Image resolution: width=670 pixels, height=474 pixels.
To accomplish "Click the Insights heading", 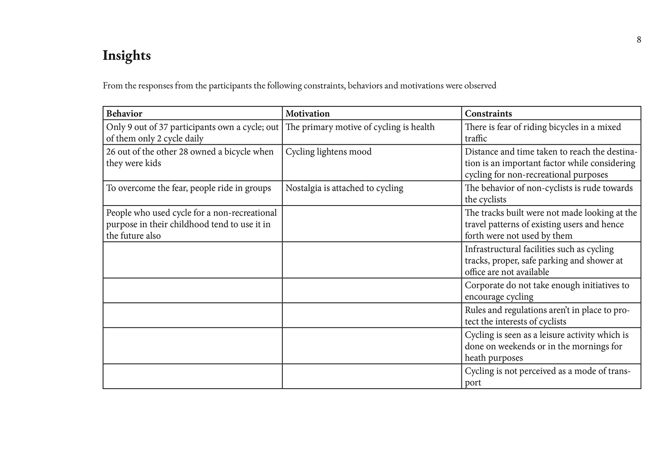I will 127,55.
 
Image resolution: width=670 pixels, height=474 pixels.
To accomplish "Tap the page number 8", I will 639,40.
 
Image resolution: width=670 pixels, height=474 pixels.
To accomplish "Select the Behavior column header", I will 124,113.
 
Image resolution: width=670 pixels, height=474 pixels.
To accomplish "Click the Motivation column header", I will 308,113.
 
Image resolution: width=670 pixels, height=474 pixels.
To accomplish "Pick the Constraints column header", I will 488,113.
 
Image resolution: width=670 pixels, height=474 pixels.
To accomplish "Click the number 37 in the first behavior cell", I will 163,127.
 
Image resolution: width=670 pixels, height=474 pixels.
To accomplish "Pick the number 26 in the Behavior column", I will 111,152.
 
